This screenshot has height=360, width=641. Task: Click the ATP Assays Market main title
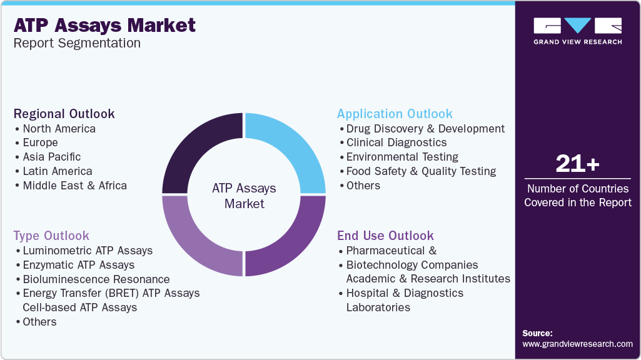104,26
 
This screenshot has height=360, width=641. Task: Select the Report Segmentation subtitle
77,43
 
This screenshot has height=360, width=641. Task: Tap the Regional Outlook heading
64,114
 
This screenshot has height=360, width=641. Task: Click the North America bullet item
59,129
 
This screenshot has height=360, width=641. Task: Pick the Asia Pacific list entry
52,157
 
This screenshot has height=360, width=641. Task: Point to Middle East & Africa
75,186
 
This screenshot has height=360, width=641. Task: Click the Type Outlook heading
51,236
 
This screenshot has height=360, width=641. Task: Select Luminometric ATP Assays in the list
88,251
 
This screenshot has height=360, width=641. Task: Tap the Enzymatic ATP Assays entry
79,265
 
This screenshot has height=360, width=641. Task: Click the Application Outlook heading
395,114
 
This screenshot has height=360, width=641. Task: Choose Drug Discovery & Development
426,129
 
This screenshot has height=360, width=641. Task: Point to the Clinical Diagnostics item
396,142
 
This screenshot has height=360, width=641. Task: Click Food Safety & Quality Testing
421,171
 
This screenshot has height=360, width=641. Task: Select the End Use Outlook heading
385,236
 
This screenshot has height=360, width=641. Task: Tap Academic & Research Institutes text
428,279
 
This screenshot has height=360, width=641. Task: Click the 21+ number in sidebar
578,164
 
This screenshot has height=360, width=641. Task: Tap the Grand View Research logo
578,31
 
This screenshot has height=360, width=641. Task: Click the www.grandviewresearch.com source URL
577,344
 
